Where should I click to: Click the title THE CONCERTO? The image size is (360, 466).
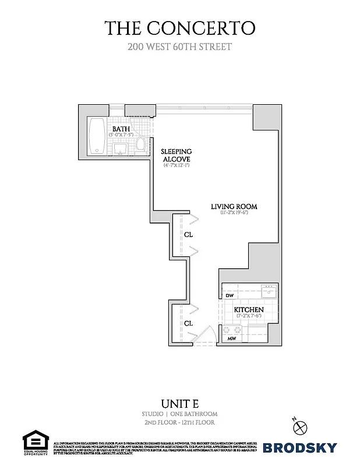click(179, 27)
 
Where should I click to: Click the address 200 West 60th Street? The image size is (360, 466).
click(179, 47)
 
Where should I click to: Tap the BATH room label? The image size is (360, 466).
click(121, 129)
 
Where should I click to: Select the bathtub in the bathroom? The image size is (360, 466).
click(97, 136)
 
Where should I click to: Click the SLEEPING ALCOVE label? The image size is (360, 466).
click(176, 156)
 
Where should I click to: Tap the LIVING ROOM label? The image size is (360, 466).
click(234, 207)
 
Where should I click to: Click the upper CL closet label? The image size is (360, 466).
click(188, 235)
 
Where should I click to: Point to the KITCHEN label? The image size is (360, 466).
click(249, 310)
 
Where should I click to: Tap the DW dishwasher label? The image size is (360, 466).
click(230, 296)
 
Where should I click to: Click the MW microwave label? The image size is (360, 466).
click(231, 338)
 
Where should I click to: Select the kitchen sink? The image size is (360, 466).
click(269, 287)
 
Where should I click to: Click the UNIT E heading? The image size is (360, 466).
click(179, 403)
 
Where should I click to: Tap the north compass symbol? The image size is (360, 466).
click(301, 426)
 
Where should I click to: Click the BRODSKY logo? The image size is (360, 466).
click(299, 448)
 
